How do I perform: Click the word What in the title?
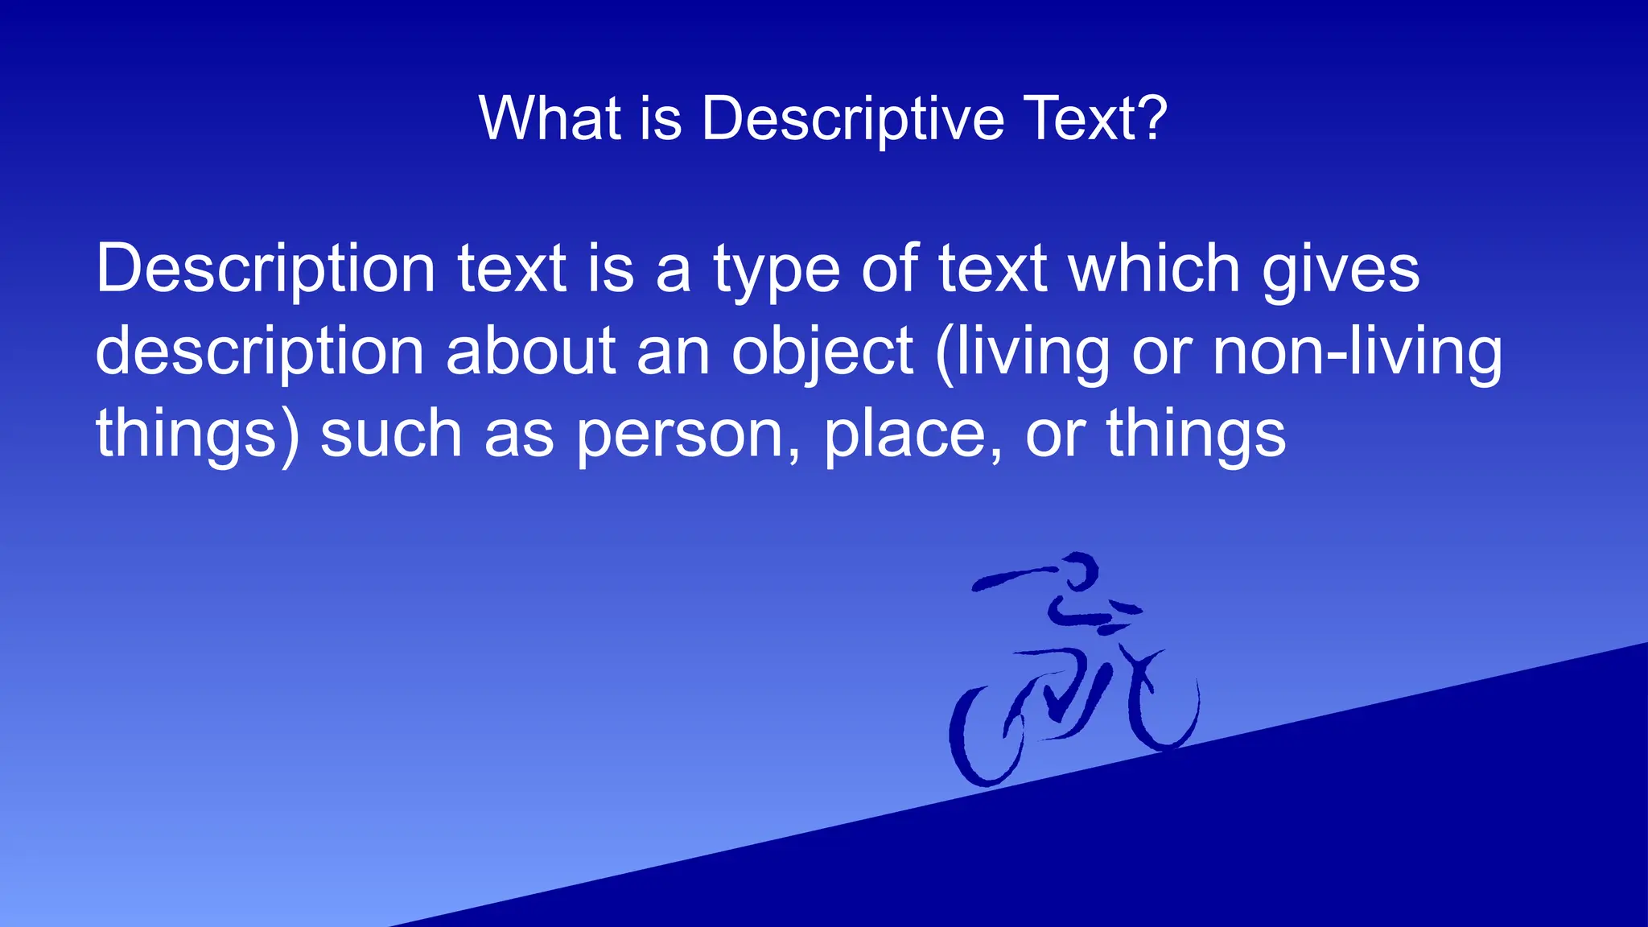(x=550, y=118)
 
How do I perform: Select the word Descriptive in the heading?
(x=853, y=120)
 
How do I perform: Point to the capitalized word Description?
(x=266, y=270)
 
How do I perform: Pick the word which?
(x=1154, y=269)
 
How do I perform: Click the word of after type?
(x=890, y=269)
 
